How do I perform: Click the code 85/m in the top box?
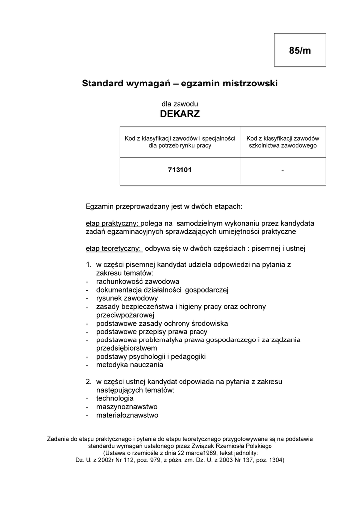300,50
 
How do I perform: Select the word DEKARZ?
180,114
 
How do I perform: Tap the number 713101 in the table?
180,170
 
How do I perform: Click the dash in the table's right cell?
282,170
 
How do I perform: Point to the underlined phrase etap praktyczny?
112,223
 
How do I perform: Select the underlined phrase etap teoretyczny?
113,248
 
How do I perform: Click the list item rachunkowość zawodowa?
131,281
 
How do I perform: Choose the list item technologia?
115,398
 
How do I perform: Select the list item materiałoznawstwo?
127,415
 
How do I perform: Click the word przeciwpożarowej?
126,315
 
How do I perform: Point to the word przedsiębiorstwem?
127,348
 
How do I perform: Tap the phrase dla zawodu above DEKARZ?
180,104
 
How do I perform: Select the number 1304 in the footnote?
274,460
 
